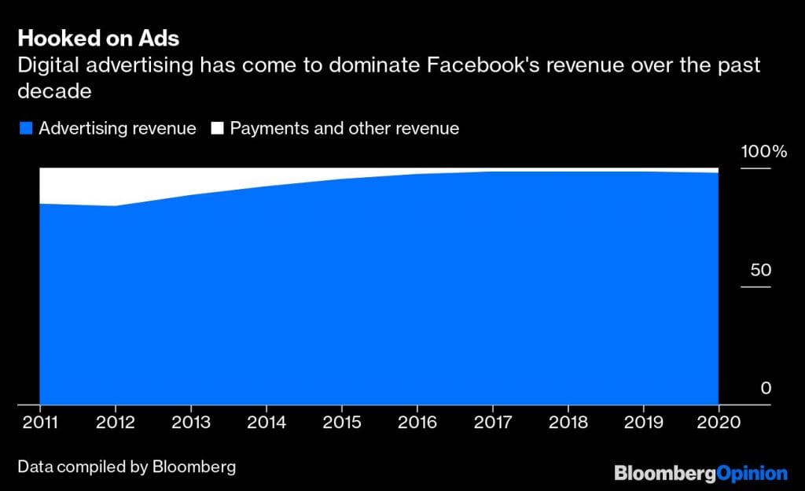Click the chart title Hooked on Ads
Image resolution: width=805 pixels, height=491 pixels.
98,39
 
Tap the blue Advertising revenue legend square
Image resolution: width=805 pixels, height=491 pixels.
25,128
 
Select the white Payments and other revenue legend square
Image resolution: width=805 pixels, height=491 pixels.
216,128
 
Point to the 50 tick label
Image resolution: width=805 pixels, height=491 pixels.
762,270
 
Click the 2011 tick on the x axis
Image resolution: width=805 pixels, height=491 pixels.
40,423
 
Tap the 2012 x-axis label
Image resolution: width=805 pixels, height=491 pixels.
116,423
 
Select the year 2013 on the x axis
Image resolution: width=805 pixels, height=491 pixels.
191,423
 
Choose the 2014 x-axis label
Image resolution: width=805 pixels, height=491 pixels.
266,423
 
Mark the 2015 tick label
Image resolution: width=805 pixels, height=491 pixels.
342,423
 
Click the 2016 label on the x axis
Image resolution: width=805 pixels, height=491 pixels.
417,423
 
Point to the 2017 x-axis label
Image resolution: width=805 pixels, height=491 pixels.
493,423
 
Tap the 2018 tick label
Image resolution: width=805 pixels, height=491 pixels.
568,423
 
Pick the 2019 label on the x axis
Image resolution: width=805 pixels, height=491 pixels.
644,423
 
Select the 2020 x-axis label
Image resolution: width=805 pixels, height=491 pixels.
719,423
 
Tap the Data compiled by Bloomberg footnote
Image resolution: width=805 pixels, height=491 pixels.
127,467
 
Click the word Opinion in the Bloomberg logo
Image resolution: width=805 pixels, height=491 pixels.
752,474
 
